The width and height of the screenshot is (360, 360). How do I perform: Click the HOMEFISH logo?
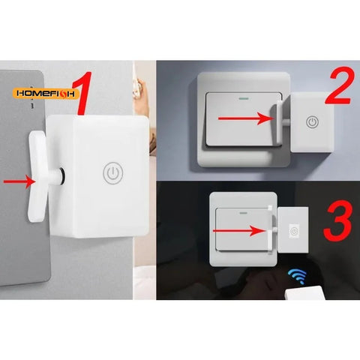[x=44, y=95]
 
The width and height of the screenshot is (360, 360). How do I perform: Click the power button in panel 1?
[x=112, y=171]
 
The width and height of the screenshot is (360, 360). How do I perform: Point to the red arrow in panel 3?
[x=238, y=232]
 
